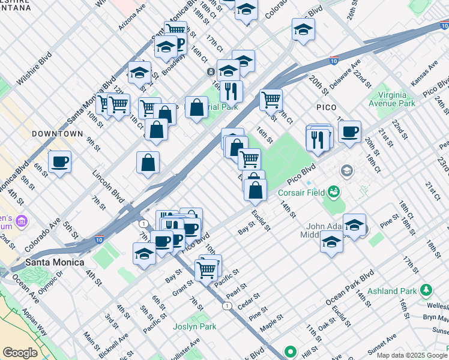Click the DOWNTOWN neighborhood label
(x=57, y=133)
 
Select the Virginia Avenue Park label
(x=397, y=100)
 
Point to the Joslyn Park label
(x=194, y=327)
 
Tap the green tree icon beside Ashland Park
(x=427, y=291)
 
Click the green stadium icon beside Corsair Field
(x=333, y=193)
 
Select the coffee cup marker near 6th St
(x=59, y=161)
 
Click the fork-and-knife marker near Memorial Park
(x=231, y=91)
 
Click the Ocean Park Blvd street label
(x=350, y=286)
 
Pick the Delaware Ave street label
(x=345, y=74)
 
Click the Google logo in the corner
(x=20, y=353)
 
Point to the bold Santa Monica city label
(x=55, y=263)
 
